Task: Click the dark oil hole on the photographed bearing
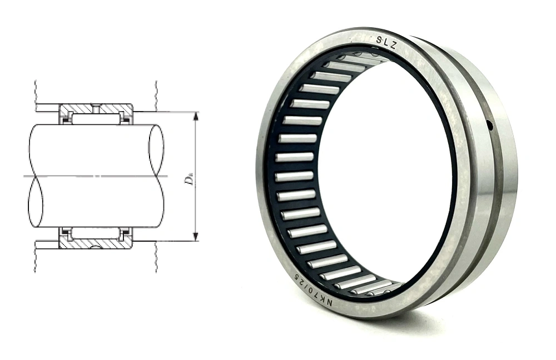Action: point(490,125)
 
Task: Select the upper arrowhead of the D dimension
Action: point(195,116)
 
